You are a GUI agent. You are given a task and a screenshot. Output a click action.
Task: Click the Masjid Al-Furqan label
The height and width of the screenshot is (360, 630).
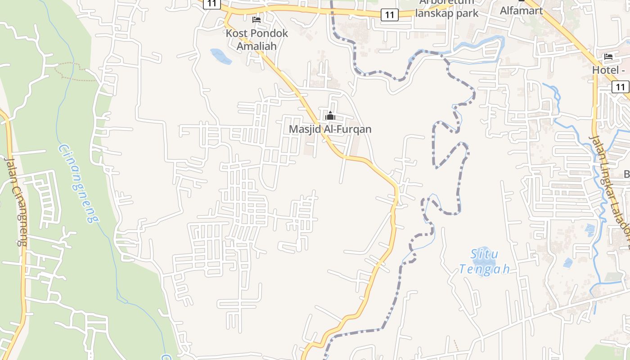click(x=330, y=129)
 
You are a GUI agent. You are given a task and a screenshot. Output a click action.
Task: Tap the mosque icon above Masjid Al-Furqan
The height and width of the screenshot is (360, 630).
click(x=330, y=116)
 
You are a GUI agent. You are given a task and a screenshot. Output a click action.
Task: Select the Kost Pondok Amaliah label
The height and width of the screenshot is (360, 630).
click(x=256, y=40)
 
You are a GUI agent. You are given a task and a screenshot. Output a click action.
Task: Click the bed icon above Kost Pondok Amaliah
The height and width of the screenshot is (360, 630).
click(x=256, y=20)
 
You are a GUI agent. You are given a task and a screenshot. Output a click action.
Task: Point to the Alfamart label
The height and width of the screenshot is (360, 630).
click(x=522, y=10)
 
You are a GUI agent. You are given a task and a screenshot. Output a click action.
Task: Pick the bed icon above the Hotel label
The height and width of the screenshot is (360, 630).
click(x=608, y=57)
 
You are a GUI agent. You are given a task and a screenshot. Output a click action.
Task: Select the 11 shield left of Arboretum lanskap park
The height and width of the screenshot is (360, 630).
click(x=390, y=15)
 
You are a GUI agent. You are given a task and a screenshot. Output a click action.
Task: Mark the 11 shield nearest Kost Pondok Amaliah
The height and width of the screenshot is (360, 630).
click(x=211, y=4)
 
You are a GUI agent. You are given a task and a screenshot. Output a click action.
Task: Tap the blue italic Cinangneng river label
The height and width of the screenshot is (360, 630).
click(x=78, y=184)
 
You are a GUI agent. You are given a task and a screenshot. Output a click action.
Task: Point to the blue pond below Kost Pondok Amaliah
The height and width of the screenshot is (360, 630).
click(x=220, y=56)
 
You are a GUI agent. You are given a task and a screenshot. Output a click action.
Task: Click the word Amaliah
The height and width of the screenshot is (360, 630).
click(x=256, y=46)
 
